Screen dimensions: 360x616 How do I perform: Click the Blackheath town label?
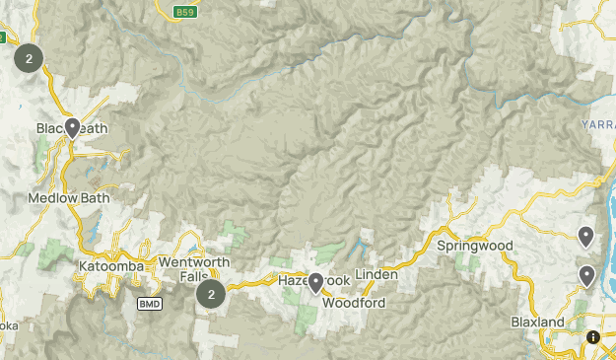(x=72, y=129)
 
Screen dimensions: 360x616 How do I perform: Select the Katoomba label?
(x=111, y=266)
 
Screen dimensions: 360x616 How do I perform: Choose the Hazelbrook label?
(x=314, y=281)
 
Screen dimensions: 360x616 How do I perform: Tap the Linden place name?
(x=376, y=272)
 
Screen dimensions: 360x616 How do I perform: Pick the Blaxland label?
(x=538, y=323)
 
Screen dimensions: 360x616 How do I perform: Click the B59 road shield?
(x=184, y=12)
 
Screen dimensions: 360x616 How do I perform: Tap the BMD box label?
(x=149, y=303)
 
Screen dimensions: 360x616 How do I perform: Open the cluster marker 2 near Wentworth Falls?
(x=211, y=293)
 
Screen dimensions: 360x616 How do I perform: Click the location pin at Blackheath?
(x=73, y=126)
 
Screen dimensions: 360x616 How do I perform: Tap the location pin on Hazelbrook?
(x=315, y=283)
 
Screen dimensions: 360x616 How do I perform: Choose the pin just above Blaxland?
(x=587, y=275)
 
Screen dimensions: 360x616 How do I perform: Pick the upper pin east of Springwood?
(x=585, y=236)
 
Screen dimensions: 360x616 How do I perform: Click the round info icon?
(x=592, y=337)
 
